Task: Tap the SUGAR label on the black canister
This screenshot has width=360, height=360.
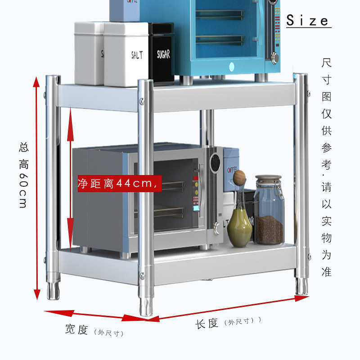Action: (x=163, y=54)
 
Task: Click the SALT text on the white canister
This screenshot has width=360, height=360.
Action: (x=137, y=55)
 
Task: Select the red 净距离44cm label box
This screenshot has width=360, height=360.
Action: (x=120, y=184)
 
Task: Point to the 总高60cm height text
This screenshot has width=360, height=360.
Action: (x=24, y=175)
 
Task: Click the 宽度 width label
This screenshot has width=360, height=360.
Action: (x=76, y=329)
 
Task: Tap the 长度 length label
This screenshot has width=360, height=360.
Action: (x=207, y=324)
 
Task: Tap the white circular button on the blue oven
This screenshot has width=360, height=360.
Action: (x=232, y=67)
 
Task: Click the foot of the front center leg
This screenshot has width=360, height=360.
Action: (x=146, y=306)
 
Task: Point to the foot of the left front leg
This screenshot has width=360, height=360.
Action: (x=53, y=290)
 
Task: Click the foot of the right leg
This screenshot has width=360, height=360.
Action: (x=301, y=286)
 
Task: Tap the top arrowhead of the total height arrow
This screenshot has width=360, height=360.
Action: (x=36, y=82)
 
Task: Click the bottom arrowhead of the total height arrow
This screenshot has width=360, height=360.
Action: (x=37, y=295)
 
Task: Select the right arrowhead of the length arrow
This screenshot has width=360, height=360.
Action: (x=301, y=298)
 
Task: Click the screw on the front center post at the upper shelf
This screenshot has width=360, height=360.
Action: (x=142, y=100)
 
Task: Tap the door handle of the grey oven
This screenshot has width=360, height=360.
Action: (x=201, y=190)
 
